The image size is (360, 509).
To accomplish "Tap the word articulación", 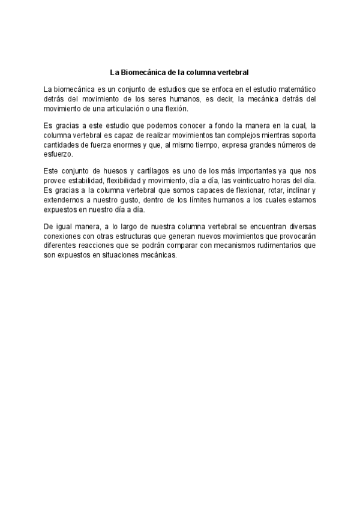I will coord(128,109).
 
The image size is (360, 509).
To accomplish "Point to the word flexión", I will coord(176,109).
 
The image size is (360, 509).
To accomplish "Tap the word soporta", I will coord(302,136).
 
